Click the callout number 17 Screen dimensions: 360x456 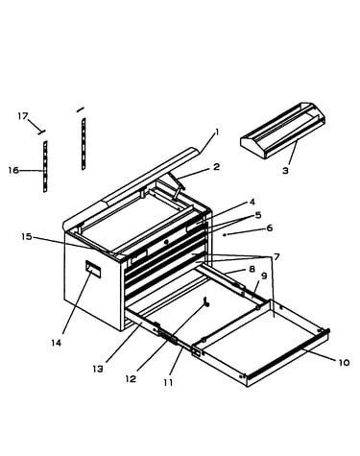click(23, 116)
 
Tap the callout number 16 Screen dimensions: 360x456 click(13, 170)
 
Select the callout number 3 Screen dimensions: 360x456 click(285, 170)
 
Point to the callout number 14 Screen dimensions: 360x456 click(56, 343)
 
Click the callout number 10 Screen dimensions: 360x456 click(344, 363)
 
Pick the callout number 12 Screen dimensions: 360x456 click(131, 379)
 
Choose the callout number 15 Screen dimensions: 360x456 click(27, 237)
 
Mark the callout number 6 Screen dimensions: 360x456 click(270, 228)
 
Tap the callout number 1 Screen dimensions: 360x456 click(217, 132)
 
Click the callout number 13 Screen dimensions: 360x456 click(98, 369)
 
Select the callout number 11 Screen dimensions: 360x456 click(168, 382)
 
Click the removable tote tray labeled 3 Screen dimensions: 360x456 click(283, 131)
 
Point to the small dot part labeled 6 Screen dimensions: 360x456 click(225, 234)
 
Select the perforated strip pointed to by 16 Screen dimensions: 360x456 click(45, 166)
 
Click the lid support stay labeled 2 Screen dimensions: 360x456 click(178, 186)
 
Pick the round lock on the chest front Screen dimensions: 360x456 click(166, 242)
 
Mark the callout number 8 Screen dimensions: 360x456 click(252, 269)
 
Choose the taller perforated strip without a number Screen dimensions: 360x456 click(84, 144)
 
